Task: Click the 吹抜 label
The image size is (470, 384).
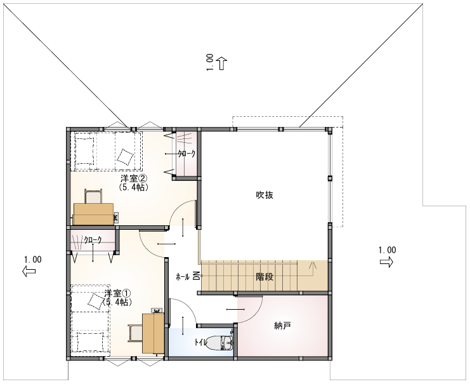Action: click(x=264, y=195)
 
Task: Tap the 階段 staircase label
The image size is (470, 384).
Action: click(x=264, y=277)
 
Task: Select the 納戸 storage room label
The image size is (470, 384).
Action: click(x=283, y=325)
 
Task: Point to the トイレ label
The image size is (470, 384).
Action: click(x=200, y=342)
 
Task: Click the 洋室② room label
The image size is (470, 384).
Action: click(x=134, y=179)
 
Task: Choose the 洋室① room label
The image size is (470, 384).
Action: click(x=118, y=293)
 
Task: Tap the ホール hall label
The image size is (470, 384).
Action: click(x=183, y=277)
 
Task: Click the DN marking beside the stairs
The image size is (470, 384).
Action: click(x=197, y=275)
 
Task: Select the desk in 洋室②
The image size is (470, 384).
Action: click(x=93, y=214)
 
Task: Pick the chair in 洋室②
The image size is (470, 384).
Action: click(x=93, y=196)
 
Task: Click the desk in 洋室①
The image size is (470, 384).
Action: click(x=153, y=333)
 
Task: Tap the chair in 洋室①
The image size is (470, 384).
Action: click(x=136, y=333)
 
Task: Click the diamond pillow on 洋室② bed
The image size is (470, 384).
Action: click(x=125, y=157)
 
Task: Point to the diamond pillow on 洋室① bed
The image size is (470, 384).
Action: click(x=96, y=301)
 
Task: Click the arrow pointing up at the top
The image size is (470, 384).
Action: click(x=222, y=63)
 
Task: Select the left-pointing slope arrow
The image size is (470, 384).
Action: click(x=29, y=271)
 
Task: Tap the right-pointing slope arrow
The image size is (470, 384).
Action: click(x=387, y=262)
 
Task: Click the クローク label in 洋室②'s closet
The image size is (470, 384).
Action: click(x=186, y=154)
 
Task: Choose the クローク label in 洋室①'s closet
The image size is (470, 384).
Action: click(x=93, y=240)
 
